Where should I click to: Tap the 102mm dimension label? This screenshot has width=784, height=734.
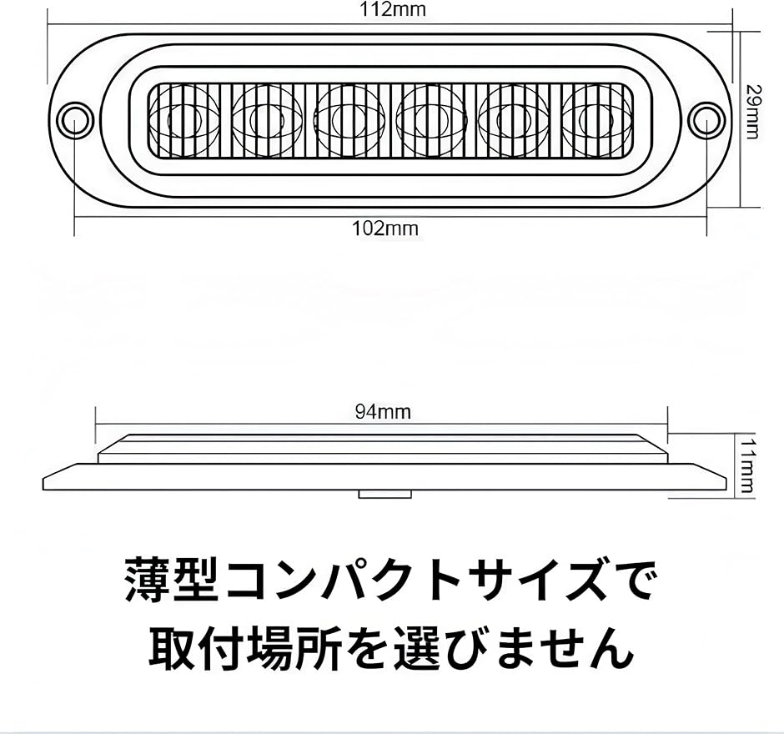(x=385, y=228)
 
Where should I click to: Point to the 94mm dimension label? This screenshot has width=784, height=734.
(x=382, y=411)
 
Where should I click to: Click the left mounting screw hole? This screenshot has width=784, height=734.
(x=74, y=117)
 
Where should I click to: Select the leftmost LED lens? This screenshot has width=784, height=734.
(x=186, y=118)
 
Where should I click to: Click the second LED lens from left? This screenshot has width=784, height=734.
(x=267, y=118)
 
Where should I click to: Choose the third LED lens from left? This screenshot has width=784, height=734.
(x=349, y=118)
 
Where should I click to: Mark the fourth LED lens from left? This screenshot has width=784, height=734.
(x=430, y=118)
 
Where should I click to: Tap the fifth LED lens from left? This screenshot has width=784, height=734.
(x=512, y=118)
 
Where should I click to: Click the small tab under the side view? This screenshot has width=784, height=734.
(x=384, y=495)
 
